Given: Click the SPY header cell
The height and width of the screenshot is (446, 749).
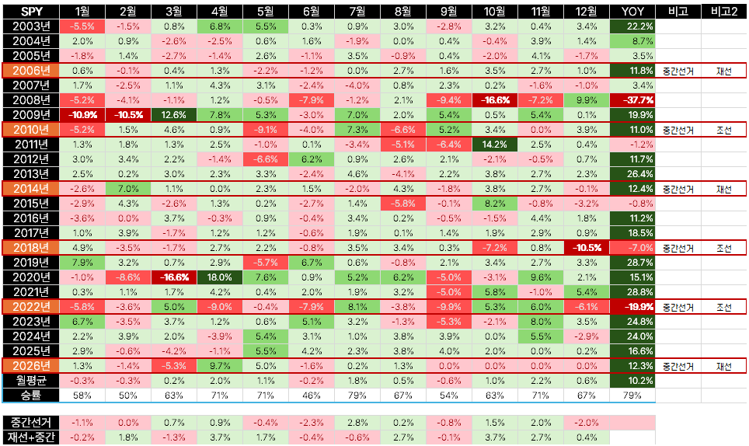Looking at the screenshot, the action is coord(31,12).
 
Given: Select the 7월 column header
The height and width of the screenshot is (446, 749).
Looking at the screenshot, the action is coord(357,12).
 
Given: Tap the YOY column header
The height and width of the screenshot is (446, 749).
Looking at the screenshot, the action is coord(632,12).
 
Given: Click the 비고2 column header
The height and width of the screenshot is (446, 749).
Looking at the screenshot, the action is coord(724,12).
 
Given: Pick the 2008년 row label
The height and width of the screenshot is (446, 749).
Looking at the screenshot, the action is coord(31,100).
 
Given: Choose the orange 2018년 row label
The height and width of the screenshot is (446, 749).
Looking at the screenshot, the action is coord(31,248).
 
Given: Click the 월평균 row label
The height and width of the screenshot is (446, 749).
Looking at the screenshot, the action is coord(31,381).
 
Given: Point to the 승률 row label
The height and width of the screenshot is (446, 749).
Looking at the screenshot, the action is coord(31,395).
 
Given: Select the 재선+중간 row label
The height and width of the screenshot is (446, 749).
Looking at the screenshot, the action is coord(31,437).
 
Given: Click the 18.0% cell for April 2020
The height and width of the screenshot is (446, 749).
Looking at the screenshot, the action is coord(220,277).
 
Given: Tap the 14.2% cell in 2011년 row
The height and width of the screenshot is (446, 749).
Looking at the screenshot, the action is coord(495,145).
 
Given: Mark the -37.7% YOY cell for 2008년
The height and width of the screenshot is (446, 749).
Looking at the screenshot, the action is coord(632,100).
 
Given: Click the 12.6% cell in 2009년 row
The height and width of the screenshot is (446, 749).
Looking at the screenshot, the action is coord(174,115).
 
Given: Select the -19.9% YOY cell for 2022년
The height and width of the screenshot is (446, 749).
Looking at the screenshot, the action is coord(632,307).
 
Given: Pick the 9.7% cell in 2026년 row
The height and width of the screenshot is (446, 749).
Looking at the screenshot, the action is coord(220,366).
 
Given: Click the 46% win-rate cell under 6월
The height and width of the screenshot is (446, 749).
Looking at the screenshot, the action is coord(312,395).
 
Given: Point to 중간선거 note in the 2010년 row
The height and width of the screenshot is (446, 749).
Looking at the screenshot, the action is coord(678,130).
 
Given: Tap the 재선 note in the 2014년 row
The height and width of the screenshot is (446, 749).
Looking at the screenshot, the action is coord(724,189).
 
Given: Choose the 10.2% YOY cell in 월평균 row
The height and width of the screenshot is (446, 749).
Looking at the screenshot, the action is coord(632,381).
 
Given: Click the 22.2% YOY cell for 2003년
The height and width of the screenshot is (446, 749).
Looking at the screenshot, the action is coord(632,26).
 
